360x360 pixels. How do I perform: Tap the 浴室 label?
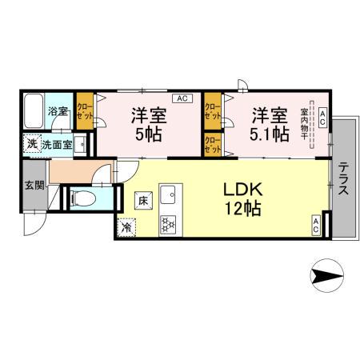click(x=58, y=111)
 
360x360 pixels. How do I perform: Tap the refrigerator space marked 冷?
click(x=127, y=226)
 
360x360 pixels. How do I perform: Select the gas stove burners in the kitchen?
click(x=169, y=224)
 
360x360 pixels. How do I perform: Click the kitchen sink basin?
click(x=169, y=195)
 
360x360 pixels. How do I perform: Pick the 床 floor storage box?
click(x=140, y=198)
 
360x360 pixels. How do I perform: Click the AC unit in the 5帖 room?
click(x=182, y=98)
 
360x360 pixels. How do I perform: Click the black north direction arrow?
click(x=326, y=277)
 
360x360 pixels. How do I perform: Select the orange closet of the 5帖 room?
click(x=85, y=112)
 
